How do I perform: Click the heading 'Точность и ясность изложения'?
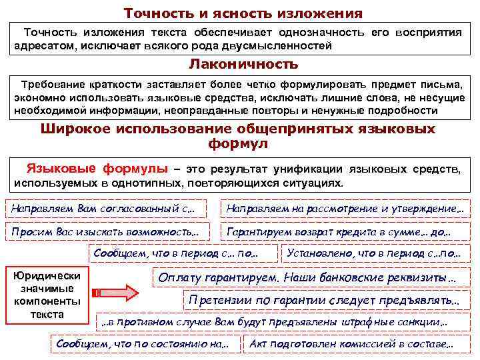(x=243, y=13)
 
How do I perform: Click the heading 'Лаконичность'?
(x=243, y=65)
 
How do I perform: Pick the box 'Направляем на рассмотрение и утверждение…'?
(x=345, y=209)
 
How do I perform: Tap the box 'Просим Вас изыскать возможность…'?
(x=105, y=232)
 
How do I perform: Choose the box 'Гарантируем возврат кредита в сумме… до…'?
(x=339, y=232)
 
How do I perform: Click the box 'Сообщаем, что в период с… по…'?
(x=176, y=254)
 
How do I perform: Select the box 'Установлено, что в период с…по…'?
(x=373, y=254)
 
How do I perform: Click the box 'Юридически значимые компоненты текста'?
(x=47, y=294)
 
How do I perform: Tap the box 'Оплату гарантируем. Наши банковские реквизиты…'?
(x=307, y=277)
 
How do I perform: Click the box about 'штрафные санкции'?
(x=273, y=322)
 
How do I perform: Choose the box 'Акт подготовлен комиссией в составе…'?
(x=351, y=344)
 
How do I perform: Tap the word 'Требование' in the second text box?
(x=50, y=85)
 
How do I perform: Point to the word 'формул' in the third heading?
(x=238, y=143)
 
